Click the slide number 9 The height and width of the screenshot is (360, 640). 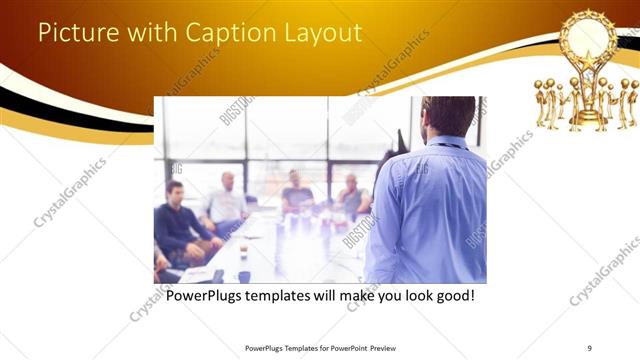click(590, 347)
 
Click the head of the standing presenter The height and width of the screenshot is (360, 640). click(447, 116)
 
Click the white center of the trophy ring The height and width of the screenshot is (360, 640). click(587, 36)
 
